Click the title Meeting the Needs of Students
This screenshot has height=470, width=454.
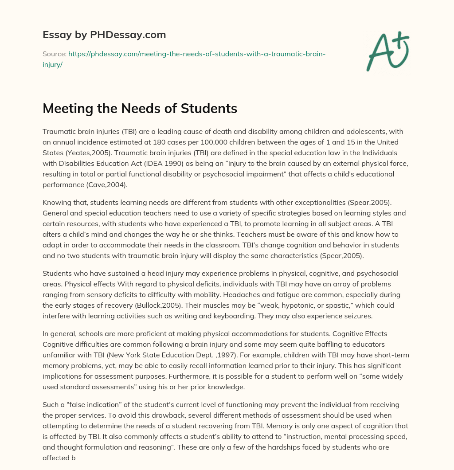pos(140,109)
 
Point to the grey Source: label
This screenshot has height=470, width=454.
pos(54,54)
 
